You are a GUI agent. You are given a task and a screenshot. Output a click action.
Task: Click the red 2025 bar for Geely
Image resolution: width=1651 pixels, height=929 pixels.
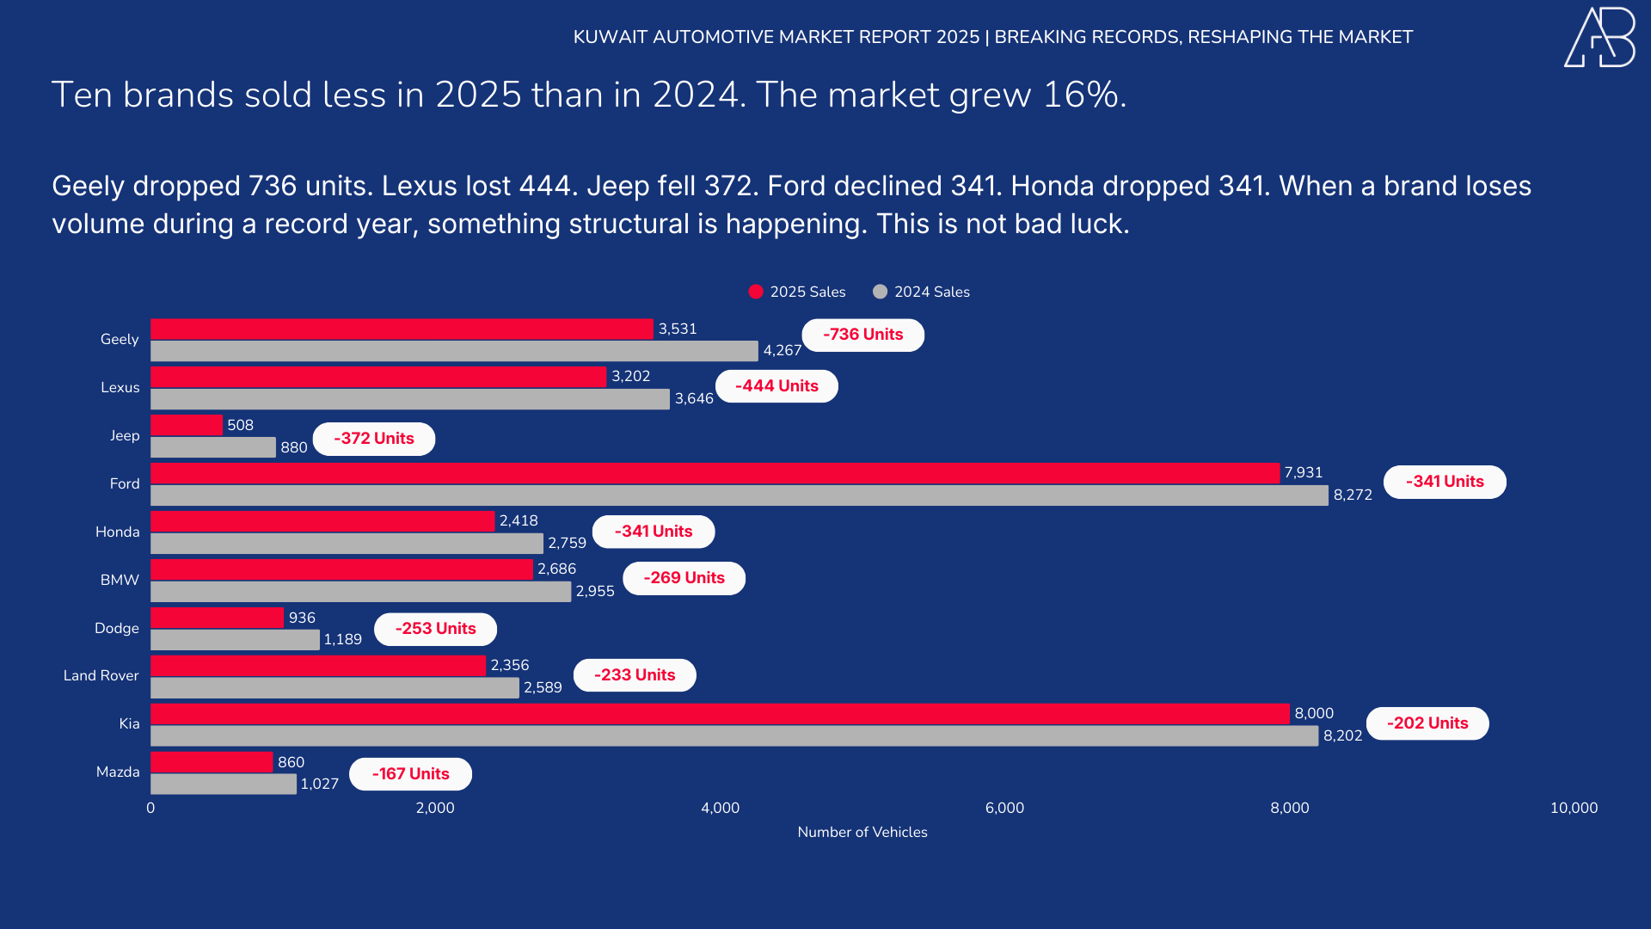402,329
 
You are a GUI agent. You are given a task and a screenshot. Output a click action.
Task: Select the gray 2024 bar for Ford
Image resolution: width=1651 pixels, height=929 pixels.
740,495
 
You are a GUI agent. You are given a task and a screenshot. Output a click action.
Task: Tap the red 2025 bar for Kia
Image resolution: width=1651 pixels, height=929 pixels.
720,714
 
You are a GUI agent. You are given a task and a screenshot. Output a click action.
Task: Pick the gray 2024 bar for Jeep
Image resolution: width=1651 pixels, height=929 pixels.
213,447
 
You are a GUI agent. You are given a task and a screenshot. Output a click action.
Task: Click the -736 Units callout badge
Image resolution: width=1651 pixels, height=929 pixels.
862,335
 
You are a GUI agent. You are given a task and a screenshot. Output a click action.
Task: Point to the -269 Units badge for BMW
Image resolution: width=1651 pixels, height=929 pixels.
684,578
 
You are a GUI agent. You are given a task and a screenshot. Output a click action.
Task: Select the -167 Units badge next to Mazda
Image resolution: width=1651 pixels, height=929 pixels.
410,774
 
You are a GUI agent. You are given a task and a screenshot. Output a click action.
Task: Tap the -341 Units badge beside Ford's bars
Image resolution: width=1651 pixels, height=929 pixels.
1445,482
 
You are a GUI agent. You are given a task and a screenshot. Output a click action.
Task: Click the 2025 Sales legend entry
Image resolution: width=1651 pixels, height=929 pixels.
797,292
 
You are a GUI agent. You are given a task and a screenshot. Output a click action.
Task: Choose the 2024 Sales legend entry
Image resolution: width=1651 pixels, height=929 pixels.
921,292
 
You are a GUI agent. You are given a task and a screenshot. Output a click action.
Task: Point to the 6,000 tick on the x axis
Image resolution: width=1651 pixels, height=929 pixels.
1004,808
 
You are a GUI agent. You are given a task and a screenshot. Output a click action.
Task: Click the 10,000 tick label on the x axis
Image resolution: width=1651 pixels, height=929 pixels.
1574,808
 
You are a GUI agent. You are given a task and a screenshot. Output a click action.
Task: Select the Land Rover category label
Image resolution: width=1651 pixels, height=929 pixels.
101,676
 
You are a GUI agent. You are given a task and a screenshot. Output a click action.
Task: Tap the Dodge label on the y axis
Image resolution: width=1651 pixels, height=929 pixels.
117,628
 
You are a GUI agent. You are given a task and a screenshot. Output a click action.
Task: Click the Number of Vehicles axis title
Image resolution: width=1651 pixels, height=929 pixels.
862,832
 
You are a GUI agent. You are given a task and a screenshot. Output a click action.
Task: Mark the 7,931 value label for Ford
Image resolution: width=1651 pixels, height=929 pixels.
1303,472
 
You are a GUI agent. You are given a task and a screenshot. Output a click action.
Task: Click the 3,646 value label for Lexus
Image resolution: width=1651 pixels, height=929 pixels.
694,398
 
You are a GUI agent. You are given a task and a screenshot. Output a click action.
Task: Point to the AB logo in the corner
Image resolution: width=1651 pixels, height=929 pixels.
1599,37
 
